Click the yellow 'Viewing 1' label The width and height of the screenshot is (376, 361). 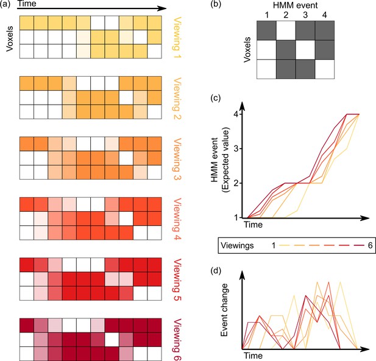pos(177,37)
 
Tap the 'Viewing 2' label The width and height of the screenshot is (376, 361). pos(177,98)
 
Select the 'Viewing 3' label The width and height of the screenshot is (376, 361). pos(177,158)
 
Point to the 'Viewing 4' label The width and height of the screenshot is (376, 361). pos(177,219)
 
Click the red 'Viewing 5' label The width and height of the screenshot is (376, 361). pos(177,279)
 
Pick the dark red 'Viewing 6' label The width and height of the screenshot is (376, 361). pos(177,340)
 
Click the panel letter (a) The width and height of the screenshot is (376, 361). pos(5,4)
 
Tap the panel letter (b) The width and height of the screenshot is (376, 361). pos(216,4)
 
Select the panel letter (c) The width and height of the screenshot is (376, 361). pos(216,98)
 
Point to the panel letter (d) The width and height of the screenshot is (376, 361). pos(216,271)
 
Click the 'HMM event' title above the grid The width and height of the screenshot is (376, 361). pos(295,5)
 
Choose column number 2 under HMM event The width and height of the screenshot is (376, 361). pos(286,15)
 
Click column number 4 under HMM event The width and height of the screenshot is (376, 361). pos(324,15)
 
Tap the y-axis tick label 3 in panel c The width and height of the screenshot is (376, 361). pos(237,149)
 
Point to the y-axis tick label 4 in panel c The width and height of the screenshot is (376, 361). pos(237,114)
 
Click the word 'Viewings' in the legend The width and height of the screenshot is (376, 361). pos(237,245)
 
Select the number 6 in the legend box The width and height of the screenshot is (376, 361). pos(370,245)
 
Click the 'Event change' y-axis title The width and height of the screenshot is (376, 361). pos(224,310)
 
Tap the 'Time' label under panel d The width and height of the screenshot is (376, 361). pos(254,356)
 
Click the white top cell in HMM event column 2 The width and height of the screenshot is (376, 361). pos(286,30)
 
